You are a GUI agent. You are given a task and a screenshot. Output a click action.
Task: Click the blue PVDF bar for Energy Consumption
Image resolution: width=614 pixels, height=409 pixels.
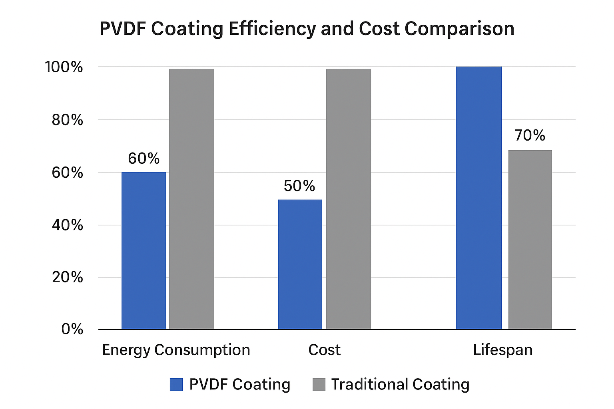(x=144, y=251)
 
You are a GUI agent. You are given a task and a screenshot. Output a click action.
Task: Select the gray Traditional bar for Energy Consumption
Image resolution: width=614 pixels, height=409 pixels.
(x=191, y=199)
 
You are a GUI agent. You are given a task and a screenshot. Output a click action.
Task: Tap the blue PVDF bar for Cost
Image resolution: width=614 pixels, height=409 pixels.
(x=300, y=264)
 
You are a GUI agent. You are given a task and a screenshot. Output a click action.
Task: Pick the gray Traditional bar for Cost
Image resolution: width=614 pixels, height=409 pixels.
(x=348, y=199)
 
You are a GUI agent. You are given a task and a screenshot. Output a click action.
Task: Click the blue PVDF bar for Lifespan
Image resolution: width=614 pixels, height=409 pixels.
(x=478, y=198)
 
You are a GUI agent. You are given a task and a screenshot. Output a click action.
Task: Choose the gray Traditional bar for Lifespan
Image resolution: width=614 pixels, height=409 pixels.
(x=530, y=240)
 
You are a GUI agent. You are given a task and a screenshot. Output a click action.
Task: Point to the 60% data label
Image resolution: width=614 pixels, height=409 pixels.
(x=144, y=159)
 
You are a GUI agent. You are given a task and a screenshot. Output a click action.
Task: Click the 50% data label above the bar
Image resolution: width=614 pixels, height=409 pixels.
(x=299, y=186)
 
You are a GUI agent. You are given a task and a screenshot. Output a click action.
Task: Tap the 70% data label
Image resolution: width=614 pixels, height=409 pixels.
(x=530, y=135)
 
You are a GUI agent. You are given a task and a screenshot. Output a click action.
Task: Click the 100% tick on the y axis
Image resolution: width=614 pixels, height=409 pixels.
(x=64, y=67)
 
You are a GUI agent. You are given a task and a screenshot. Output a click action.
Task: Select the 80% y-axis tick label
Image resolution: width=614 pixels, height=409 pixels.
(x=67, y=120)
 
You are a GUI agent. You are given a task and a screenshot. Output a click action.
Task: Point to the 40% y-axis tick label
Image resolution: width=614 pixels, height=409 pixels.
(x=67, y=225)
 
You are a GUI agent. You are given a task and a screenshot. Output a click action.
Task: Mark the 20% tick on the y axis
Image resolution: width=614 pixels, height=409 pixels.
(x=67, y=277)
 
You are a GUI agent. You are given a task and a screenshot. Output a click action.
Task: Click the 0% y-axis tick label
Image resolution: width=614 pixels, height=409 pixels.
(x=72, y=329)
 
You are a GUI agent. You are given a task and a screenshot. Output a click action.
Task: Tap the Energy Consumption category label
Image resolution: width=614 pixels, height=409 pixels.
(x=176, y=350)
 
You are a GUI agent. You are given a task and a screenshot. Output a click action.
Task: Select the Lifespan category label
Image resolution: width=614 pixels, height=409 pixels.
(x=502, y=350)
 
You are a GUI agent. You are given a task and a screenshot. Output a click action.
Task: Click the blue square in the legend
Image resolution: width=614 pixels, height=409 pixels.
(x=176, y=384)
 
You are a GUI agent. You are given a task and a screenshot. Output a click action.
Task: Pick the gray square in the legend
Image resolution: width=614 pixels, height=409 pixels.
(x=319, y=384)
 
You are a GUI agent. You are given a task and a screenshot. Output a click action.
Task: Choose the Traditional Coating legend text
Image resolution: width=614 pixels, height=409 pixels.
(x=400, y=384)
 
